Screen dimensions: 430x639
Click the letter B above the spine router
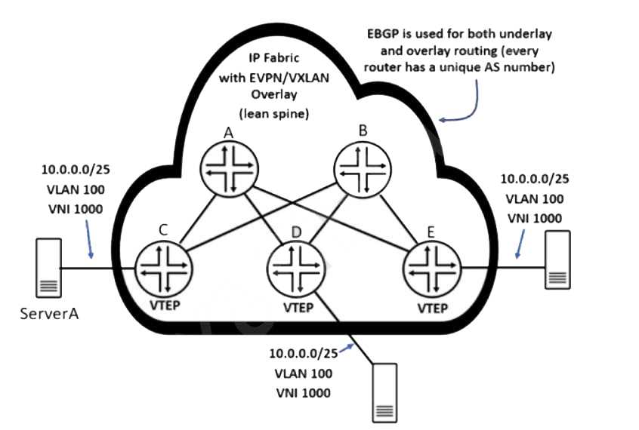tap(363, 131)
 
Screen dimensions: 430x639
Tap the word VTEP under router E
tap(431, 309)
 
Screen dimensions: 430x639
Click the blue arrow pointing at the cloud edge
tap(461, 106)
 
